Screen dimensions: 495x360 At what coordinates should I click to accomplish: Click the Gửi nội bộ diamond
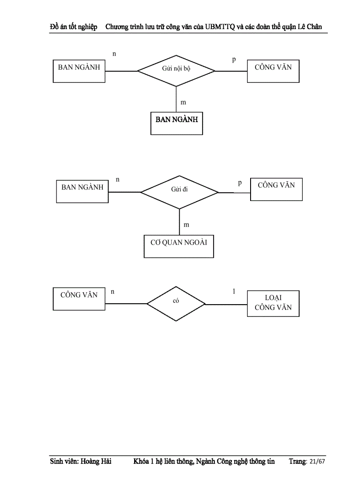pyautogui.click(x=176, y=71)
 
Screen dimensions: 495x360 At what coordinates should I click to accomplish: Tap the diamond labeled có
pyautogui.click(x=176, y=304)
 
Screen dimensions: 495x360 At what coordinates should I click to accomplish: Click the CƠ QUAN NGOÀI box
pyautogui.click(x=179, y=246)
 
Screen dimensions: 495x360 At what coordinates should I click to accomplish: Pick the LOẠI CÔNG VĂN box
pyautogui.click(x=273, y=303)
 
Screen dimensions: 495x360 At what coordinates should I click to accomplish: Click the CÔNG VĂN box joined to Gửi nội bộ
pyautogui.click(x=273, y=71)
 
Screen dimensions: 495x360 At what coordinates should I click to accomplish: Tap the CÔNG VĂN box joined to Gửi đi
pyautogui.click(x=276, y=189)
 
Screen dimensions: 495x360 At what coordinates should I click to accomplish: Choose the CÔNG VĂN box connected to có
pyautogui.click(x=79, y=299)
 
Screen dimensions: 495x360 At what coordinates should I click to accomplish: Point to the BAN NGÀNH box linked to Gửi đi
pyautogui.click(x=82, y=191)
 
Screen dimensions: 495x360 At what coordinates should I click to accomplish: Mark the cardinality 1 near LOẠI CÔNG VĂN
pyautogui.click(x=234, y=291)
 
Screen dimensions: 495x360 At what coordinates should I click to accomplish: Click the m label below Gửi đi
pyautogui.click(x=186, y=225)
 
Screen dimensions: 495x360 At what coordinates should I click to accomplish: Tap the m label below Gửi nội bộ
pyautogui.click(x=183, y=102)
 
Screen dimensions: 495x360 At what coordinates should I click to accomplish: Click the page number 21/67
pyautogui.click(x=317, y=462)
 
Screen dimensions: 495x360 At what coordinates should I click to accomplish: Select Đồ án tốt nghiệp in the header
pyautogui.click(x=73, y=26)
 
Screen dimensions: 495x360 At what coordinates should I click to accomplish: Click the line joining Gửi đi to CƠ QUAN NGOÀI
pyautogui.click(x=180, y=222)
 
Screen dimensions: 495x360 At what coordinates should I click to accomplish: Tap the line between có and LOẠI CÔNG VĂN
pyautogui.click(x=226, y=304)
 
